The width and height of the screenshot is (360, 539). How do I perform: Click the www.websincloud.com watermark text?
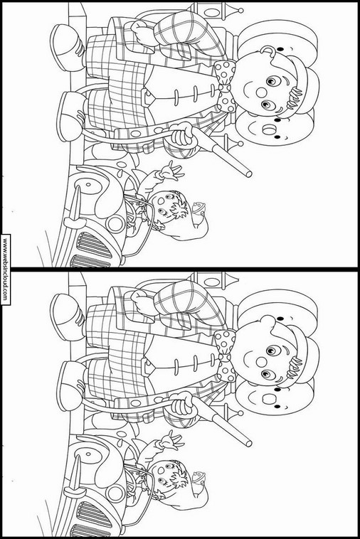(5, 269)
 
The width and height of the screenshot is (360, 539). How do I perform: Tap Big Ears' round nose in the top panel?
(262, 92)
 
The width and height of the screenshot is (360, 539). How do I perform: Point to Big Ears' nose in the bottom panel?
(262, 362)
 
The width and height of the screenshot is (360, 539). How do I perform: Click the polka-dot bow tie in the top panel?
(226, 87)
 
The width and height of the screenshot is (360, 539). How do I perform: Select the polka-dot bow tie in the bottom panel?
(226, 356)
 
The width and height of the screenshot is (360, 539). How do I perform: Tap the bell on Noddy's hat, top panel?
(198, 208)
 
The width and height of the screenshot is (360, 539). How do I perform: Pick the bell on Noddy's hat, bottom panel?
(198, 478)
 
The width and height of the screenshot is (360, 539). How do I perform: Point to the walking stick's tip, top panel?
(248, 174)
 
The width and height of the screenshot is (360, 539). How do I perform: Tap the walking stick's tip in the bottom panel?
(248, 444)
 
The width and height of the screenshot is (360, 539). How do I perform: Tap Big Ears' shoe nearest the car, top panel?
(70, 117)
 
